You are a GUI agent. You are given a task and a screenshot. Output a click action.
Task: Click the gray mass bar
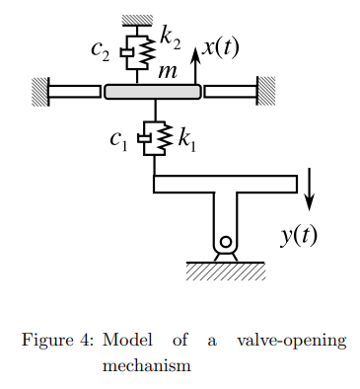coord(153,92)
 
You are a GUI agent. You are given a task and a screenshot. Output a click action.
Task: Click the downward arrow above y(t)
coord(312,189)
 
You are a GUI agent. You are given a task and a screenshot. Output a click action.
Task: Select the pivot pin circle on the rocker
coord(226,242)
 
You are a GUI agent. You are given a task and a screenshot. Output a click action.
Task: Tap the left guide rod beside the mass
coord(75,92)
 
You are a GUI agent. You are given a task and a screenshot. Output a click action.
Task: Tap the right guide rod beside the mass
coord(230,92)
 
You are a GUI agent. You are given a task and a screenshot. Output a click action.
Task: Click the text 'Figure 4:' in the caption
coord(57,342)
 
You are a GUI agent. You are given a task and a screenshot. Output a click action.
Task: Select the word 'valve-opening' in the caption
coord(292,342)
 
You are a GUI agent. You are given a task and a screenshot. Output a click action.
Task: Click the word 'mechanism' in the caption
coord(146,365)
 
